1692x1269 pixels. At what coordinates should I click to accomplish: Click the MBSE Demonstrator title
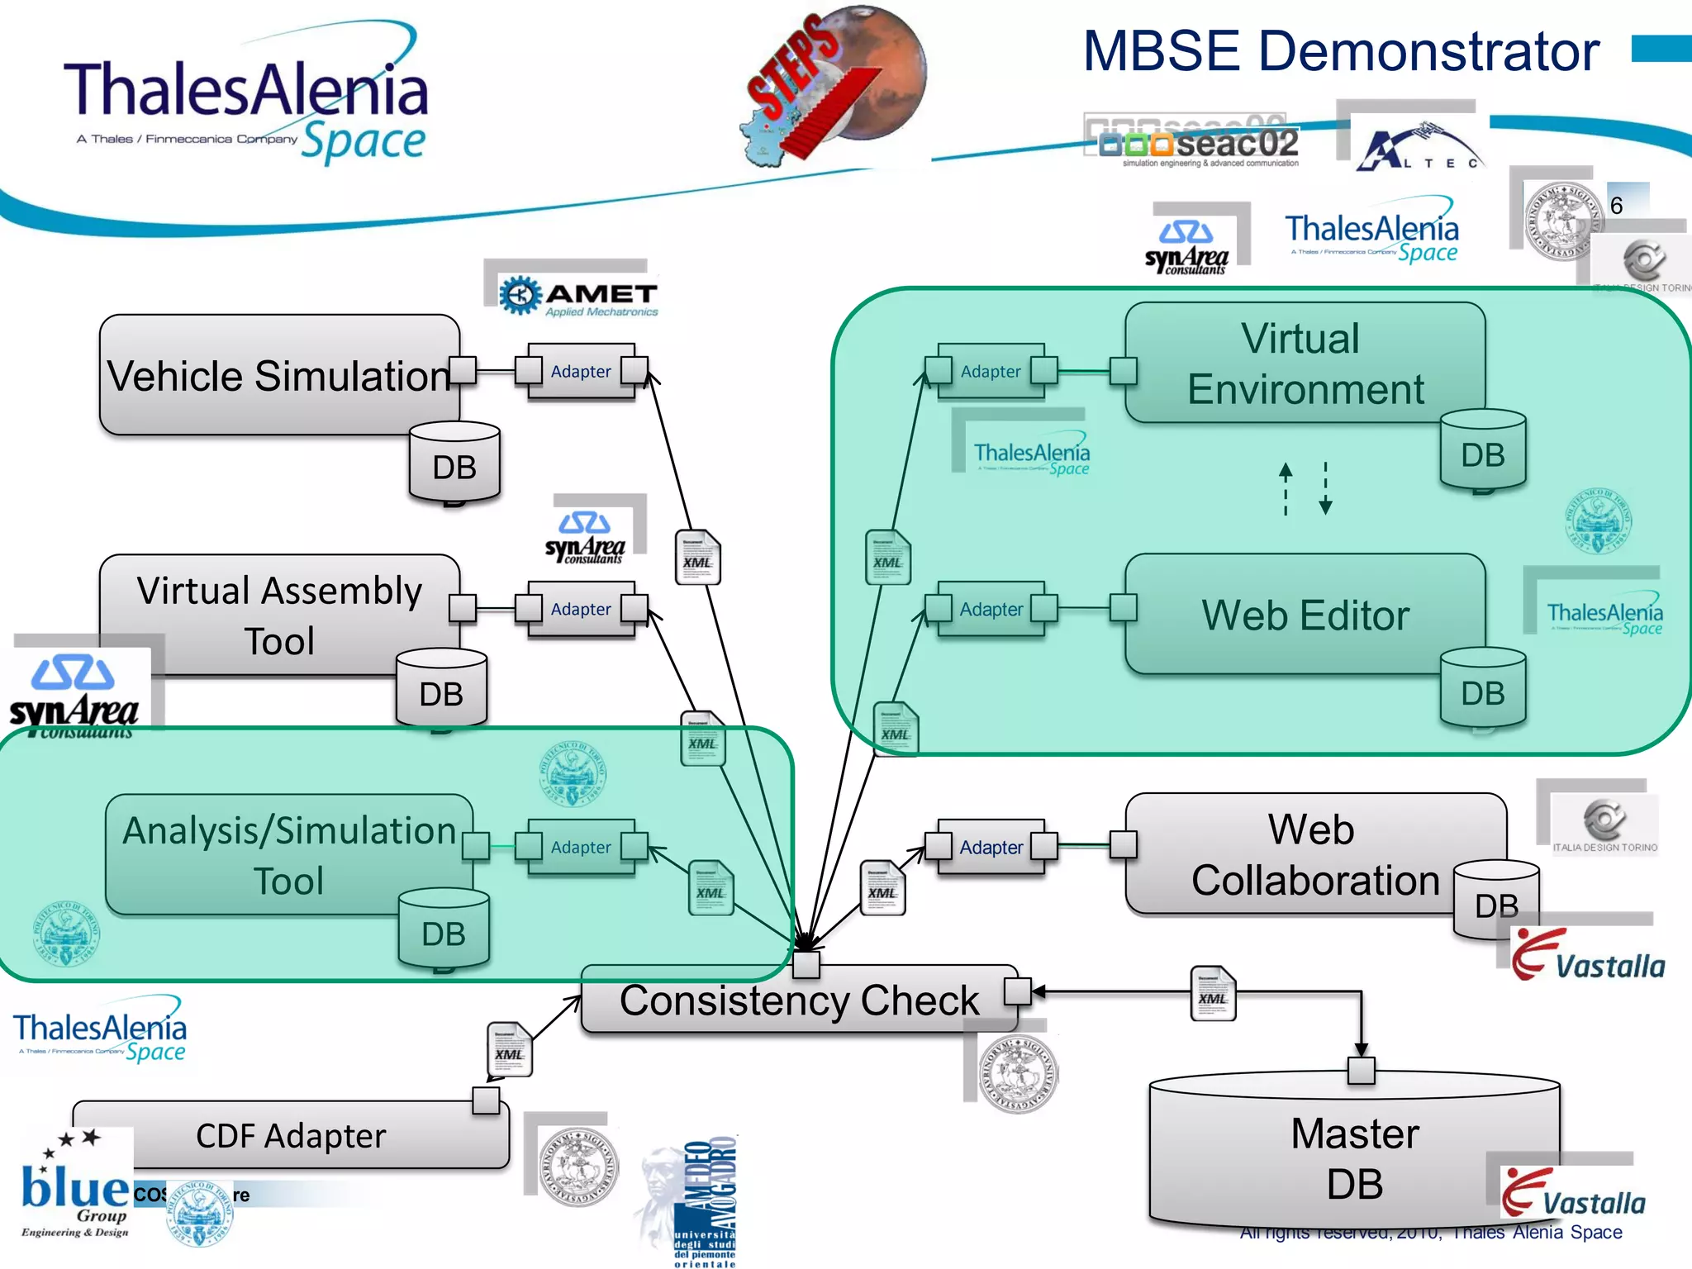pos(1340,51)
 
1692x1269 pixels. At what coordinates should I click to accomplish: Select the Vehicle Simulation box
pos(278,374)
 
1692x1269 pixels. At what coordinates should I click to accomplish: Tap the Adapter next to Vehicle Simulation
pos(581,372)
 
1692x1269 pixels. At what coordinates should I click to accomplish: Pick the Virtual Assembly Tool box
pos(278,615)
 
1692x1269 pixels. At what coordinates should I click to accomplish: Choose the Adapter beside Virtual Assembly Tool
pos(581,609)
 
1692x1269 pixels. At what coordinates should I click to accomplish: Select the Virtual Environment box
pos(1305,363)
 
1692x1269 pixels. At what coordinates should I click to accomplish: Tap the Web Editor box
pos(1305,615)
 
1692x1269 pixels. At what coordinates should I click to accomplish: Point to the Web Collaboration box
pos(1314,853)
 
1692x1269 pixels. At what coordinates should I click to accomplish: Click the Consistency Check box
pos(798,1000)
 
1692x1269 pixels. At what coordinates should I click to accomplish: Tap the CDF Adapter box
pos(291,1135)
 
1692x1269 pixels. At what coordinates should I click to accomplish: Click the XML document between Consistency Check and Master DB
pos(1212,995)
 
